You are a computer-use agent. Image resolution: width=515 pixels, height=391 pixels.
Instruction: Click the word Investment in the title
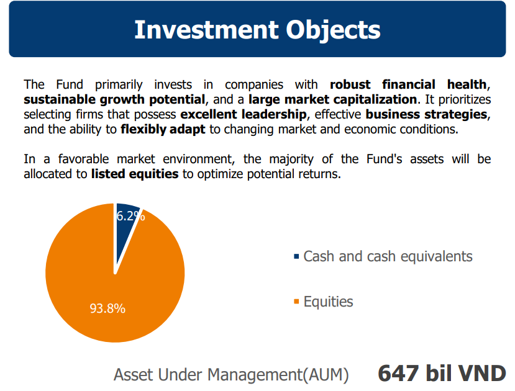[206, 30]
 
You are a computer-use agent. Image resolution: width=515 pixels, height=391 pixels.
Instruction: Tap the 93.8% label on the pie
[107, 308]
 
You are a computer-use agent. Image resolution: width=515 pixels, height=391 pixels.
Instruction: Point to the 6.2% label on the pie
[130, 216]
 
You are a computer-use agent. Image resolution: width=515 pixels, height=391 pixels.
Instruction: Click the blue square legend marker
[296, 256]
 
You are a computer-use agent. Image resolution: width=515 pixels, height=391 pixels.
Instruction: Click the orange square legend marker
[296, 302]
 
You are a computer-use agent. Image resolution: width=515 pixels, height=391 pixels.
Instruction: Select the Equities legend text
[328, 302]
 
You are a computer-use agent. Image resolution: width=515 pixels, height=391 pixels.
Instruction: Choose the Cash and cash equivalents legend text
[388, 256]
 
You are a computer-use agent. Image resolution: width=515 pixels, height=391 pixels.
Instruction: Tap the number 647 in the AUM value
[398, 373]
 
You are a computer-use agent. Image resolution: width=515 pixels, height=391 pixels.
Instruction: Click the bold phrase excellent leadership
[244, 114]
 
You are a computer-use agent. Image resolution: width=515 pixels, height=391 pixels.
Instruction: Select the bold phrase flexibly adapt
[163, 129]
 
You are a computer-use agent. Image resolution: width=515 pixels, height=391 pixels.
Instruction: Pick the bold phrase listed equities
[135, 174]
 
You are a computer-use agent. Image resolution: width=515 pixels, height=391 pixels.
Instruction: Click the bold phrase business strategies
[426, 114]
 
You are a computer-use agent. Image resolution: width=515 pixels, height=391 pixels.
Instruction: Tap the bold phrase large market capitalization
[333, 99]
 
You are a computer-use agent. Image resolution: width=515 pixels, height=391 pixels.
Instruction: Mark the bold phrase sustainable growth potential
[114, 99]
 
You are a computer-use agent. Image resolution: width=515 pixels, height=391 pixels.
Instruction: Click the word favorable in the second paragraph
[83, 159]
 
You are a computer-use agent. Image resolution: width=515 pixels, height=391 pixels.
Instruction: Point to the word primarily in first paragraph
[119, 84]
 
